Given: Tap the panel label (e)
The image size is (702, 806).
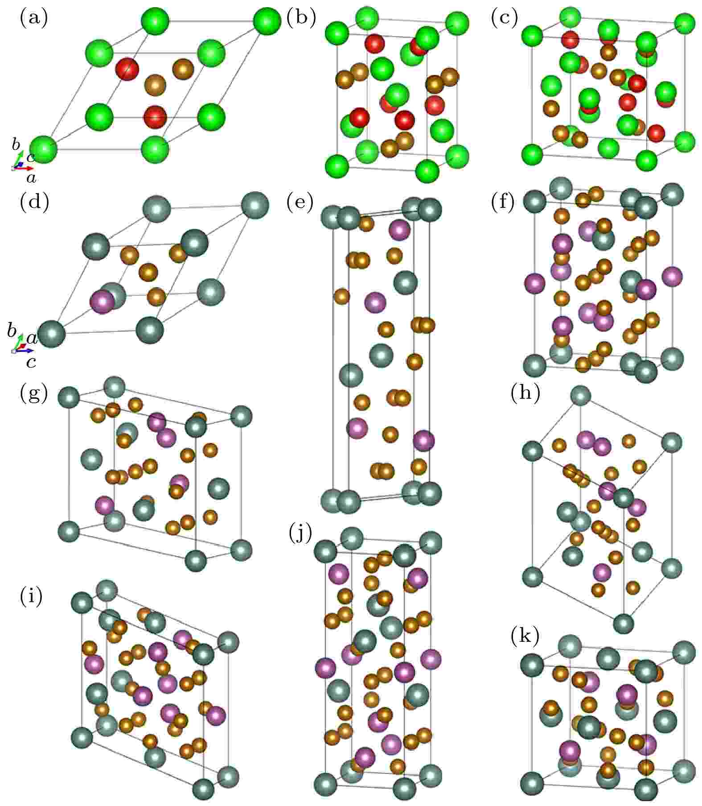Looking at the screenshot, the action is (301, 203).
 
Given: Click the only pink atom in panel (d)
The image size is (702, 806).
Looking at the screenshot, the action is (102, 302).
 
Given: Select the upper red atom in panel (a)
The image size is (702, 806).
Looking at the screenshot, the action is (127, 70).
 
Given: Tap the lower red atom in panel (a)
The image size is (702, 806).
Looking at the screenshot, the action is (155, 117).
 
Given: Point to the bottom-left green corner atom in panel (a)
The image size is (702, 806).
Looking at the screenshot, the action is (44, 149).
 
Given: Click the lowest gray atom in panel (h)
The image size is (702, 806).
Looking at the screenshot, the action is (624, 623).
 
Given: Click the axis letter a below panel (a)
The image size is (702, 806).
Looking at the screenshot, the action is (31, 179).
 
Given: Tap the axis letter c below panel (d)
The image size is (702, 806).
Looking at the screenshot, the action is (31, 362).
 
